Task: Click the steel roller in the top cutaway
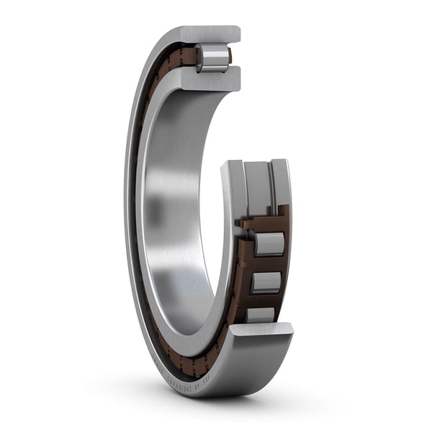point(213,58)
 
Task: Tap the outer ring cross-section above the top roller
point(209,34)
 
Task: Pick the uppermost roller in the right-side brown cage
point(269,244)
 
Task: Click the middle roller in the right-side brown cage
point(266,282)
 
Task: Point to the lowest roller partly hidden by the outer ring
point(260,314)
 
